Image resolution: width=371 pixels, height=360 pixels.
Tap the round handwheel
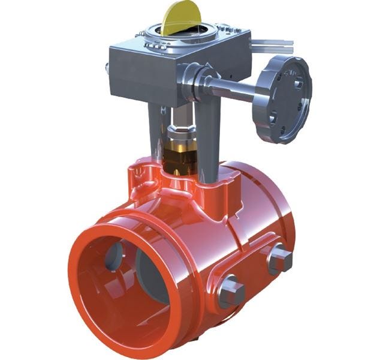[286, 99]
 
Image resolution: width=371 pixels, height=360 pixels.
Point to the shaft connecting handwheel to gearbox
[234, 90]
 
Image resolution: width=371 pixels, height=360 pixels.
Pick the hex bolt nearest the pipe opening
[231, 292]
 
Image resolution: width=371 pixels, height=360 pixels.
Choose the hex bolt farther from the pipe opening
[279, 260]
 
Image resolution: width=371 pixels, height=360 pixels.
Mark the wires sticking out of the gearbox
[273, 44]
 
